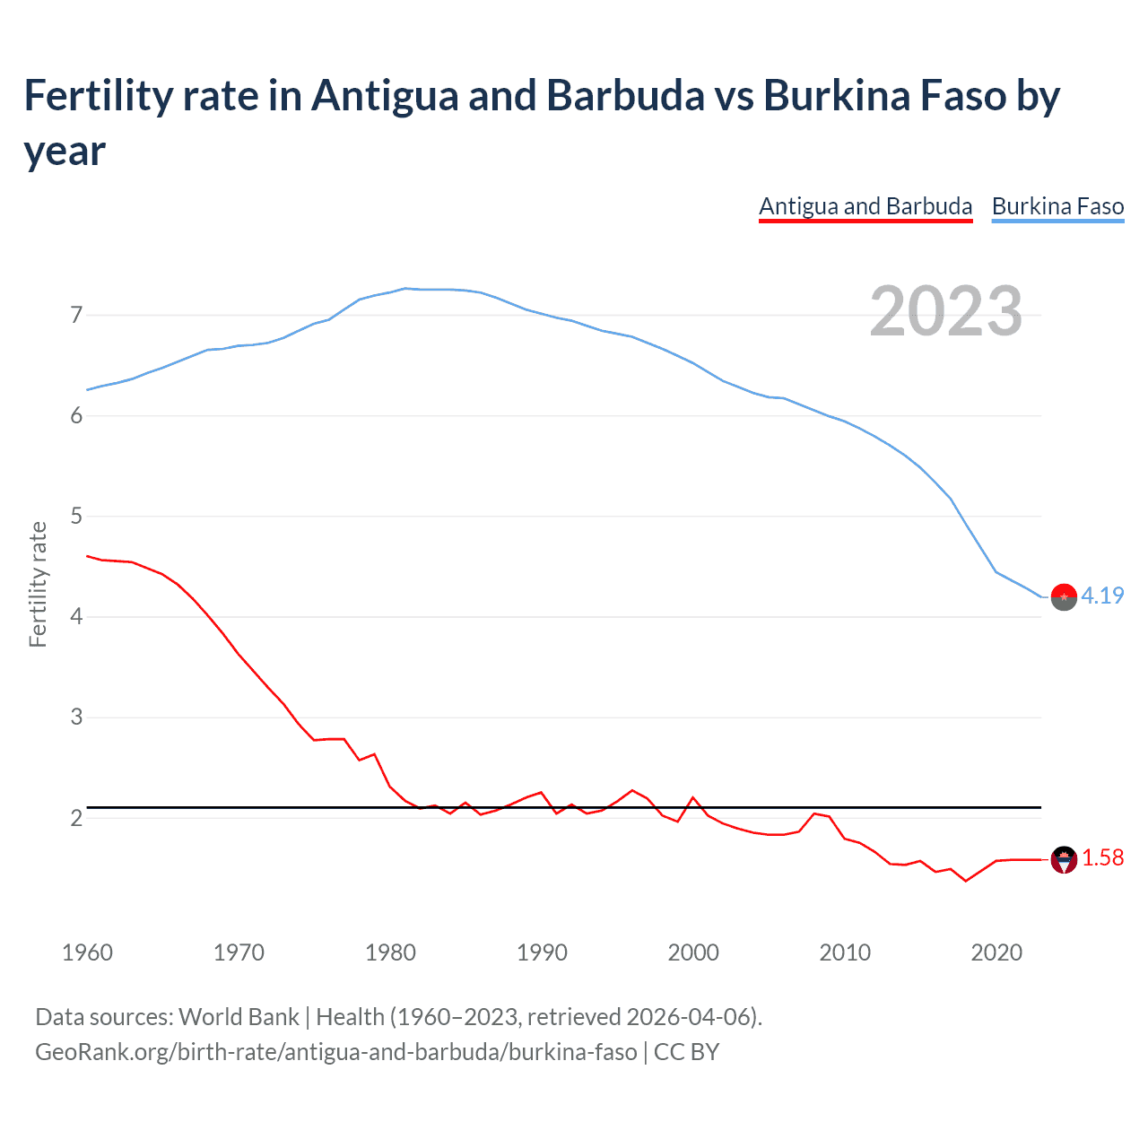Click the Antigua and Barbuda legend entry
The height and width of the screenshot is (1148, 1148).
pos(865,206)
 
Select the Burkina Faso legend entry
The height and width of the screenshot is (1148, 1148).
pos(1057,206)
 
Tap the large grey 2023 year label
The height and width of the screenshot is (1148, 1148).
pos(946,311)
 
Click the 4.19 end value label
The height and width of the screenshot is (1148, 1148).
pos(1102,596)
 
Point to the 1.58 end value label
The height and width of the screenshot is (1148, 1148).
pos(1102,858)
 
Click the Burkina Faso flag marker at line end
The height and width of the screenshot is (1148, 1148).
pos(1064,596)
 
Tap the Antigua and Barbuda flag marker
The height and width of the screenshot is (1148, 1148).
pos(1064,859)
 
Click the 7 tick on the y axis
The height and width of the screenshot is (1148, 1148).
pos(76,315)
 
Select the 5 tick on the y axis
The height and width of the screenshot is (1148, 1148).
pos(76,516)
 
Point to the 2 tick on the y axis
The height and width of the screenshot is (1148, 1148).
pos(76,818)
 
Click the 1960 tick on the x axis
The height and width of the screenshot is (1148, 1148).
pos(87,952)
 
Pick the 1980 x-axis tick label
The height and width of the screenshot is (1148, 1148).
pos(390,952)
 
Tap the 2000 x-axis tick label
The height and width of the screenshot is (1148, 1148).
pos(693,952)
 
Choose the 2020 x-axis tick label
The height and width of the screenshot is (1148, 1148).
pos(996,952)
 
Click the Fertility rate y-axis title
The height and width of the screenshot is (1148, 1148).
pos(38,584)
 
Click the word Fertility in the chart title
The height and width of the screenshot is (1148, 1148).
pos(95,96)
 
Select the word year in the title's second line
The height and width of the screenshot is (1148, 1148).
pos(65,152)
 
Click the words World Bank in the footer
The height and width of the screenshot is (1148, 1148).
pos(239,1017)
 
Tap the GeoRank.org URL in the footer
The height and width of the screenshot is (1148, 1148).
pos(335,1052)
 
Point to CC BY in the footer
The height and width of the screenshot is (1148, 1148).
pos(686,1052)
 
